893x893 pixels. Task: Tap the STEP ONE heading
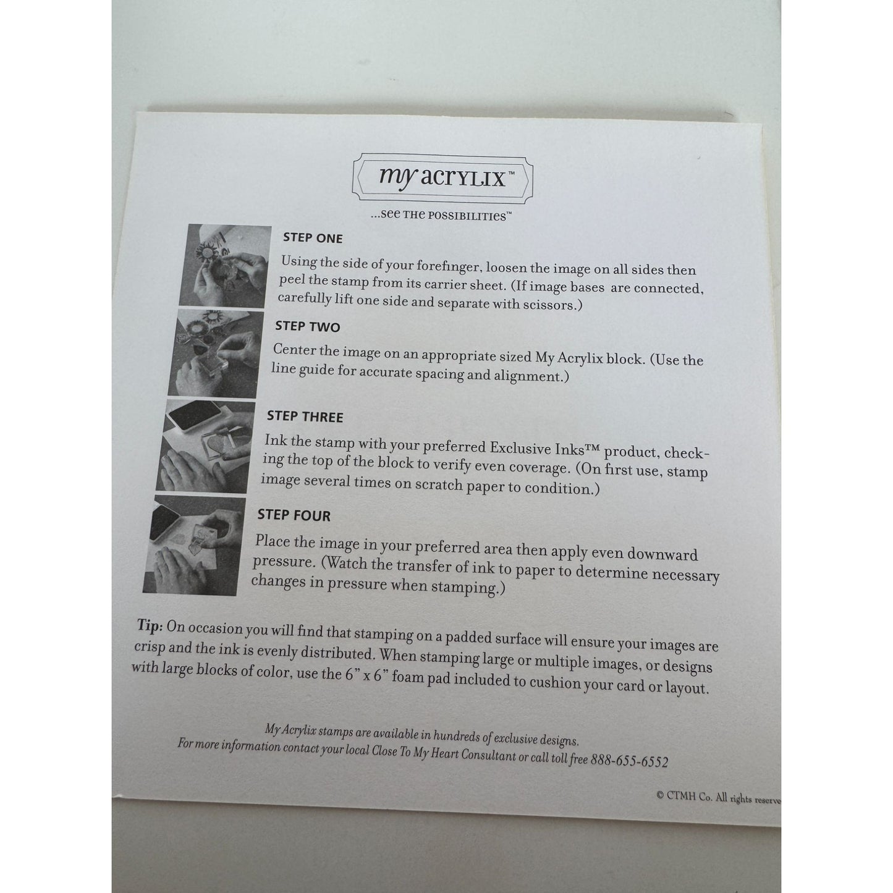tap(313, 238)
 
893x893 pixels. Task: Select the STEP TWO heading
tap(308, 327)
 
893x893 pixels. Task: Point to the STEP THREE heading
tap(305, 417)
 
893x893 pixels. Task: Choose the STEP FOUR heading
tap(294, 515)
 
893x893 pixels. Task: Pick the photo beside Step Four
tap(195, 546)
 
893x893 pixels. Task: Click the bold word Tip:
tap(149, 625)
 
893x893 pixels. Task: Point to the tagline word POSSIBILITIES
tap(469, 216)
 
